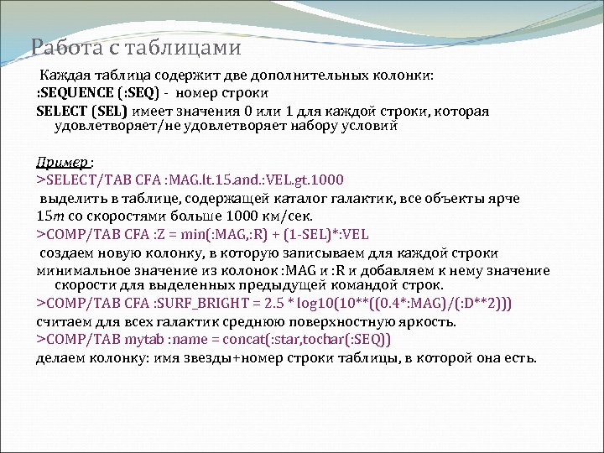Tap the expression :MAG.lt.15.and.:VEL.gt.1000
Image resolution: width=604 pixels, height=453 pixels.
[x=247, y=180]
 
